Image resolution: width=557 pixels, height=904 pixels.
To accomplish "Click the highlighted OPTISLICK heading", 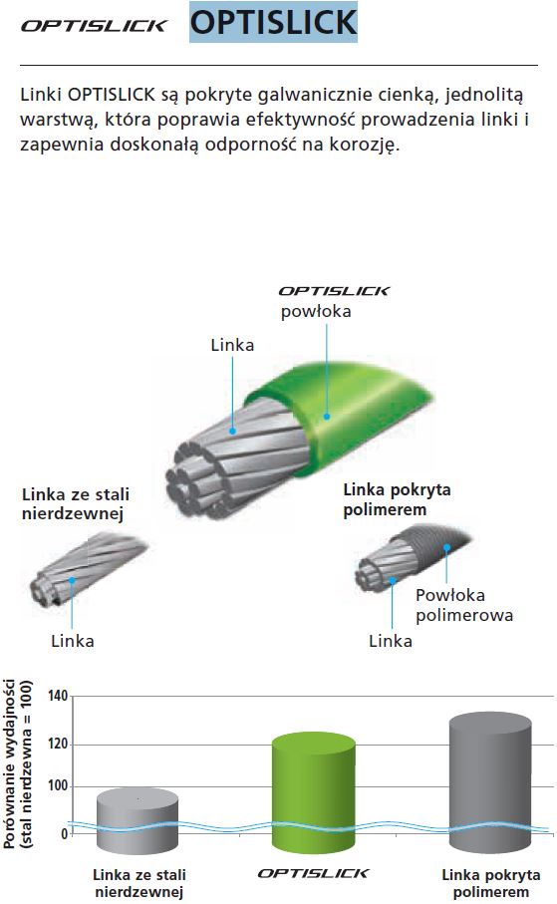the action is point(273,22).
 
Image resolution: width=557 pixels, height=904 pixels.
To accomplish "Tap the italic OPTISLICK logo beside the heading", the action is point(94,26).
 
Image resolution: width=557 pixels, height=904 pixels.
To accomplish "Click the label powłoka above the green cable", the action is point(316,312).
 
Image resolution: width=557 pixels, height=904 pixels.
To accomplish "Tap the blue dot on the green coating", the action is point(327,417).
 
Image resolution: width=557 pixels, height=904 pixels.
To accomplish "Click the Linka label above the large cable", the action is point(232,345).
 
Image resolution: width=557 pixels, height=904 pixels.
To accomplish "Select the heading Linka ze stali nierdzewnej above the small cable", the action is point(76,504).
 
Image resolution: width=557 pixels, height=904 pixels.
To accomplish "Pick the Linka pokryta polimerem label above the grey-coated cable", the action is point(397,500).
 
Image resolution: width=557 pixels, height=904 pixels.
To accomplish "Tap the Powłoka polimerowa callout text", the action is point(464,605).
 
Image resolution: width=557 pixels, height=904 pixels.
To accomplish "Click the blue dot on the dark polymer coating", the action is point(446,547).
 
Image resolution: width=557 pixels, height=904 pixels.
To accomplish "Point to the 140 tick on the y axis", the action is point(58,696).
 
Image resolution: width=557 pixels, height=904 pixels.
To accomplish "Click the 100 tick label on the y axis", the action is point(58,785).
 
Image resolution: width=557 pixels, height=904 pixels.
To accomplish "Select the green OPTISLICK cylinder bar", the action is point(314,792).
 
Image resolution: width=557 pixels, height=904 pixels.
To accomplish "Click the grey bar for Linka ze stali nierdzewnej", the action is point(138,821).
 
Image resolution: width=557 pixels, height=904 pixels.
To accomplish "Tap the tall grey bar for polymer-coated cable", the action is point(490,782).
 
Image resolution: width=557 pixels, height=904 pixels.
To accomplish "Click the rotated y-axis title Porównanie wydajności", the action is point(10,763).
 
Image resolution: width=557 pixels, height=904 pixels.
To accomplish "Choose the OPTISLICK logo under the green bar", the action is point(313,873).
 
